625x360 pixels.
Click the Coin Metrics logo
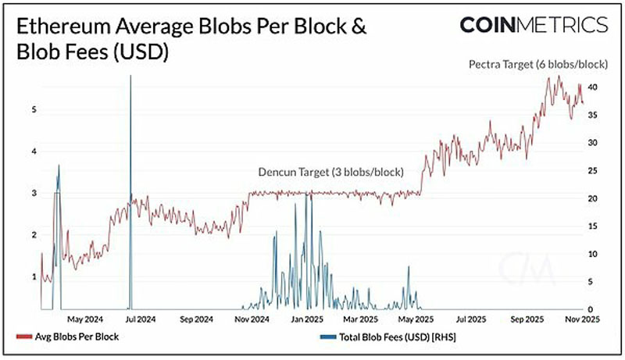pos(534,25)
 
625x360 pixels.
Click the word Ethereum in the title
pos(63,27)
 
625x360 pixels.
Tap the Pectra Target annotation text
pos(538,64)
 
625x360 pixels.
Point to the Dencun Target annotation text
pos(330,172)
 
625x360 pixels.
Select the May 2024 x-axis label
pos(85,319)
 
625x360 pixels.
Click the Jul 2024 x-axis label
pos(141,319)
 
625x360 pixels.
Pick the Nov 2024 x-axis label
pos(252,319)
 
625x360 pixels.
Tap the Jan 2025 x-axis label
pos(307,319)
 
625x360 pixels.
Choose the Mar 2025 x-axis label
pos(360,319)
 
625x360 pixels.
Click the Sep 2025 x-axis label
pos(527,319)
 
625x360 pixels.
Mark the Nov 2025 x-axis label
pos(582,319)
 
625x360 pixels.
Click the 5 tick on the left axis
pos(34,109)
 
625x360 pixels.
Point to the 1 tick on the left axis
pos(34,276)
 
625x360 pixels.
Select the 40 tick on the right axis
pos(593,87)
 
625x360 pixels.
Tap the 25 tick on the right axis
pos(593,171)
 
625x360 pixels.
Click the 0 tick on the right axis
pos(591,309)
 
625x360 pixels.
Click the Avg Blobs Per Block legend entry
pos(68,337)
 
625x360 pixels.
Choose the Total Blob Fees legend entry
pos(387,337)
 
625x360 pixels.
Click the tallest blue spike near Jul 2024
pos(130,192)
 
